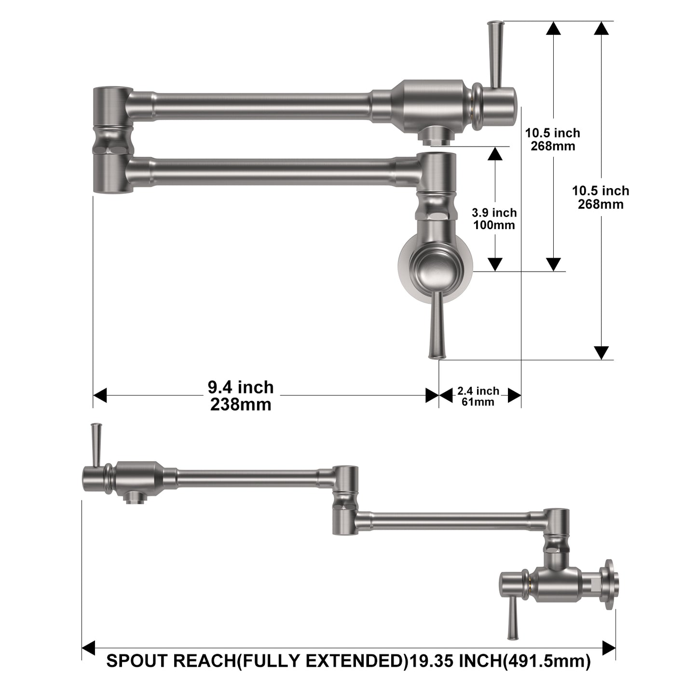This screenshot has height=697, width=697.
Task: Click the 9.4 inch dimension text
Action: pyautogui.click(x=241, y=387)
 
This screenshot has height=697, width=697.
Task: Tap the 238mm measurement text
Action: pyautogui.click(x=241, y=404)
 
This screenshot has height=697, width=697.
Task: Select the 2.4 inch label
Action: pyautogui.click(x=478, y=391)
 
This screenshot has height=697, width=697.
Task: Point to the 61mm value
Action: pyautogui.click(x=478, y=401)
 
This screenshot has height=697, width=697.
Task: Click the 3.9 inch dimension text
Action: pyautogui.click(x=494, y=213)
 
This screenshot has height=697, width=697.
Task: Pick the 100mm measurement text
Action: pyautogui.click(x=494, y=225)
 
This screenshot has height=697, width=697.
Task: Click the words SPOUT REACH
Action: pyautogui.click(x=171, y=661)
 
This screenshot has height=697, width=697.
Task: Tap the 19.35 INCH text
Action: pyautogui.click(x=455, y=661)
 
